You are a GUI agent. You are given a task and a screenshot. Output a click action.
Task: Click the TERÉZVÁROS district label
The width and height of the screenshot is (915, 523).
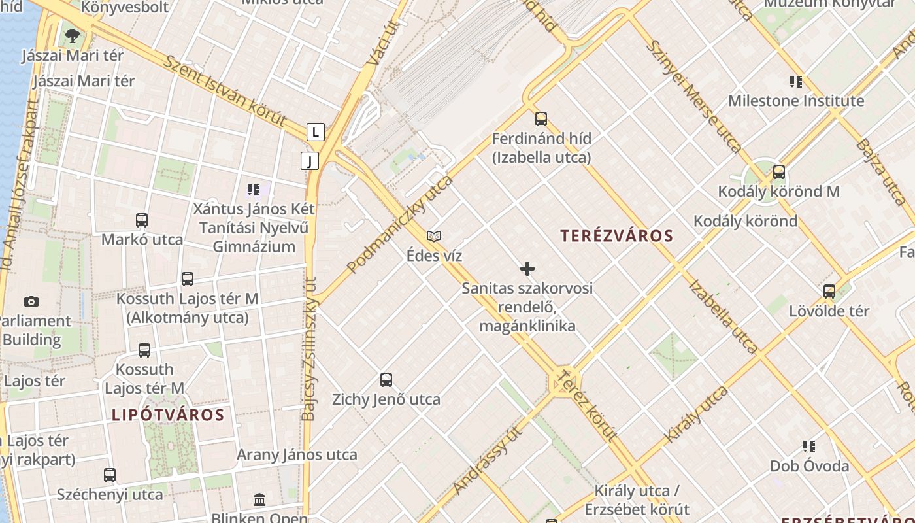[616, 236]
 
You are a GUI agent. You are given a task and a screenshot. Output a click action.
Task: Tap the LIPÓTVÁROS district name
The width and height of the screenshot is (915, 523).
[168, 414]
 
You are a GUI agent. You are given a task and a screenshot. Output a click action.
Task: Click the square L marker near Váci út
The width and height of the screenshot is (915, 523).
[316, 132]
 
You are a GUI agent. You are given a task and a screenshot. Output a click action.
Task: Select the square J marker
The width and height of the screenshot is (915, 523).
[309, 160]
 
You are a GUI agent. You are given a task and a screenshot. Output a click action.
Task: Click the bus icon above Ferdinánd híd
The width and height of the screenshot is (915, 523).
[541, 119]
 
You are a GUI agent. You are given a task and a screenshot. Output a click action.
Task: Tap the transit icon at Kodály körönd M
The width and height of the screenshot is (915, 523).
[778, 172]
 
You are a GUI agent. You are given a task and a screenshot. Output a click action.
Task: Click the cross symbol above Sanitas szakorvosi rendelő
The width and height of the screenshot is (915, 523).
[527, 269]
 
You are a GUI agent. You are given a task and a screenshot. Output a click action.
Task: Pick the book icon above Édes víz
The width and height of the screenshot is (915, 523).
[433, 236]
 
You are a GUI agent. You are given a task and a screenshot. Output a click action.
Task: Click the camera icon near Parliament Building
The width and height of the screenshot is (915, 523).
[31, 301]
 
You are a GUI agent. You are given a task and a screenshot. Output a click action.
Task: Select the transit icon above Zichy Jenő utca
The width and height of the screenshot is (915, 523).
[386, 380]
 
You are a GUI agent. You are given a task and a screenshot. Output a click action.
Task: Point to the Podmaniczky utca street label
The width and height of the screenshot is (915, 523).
[399, 224]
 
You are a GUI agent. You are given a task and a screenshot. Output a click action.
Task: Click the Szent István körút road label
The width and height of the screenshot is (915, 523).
[224, 91]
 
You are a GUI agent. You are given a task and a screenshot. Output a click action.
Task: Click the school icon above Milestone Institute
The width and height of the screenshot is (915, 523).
[795, 82]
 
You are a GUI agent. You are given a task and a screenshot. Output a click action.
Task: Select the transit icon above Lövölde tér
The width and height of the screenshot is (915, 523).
[829, 292]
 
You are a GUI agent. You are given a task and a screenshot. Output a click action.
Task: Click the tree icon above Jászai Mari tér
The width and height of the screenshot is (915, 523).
[72, 35]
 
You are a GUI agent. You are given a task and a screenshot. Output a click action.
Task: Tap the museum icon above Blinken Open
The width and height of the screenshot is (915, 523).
[259, 499]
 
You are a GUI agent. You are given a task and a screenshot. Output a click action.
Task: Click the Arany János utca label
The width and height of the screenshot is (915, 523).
[297, 454]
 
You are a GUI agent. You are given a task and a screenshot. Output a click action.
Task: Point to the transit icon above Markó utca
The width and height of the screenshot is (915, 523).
[142, 220]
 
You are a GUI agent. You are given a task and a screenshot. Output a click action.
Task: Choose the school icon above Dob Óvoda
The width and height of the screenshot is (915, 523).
[809, 447]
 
